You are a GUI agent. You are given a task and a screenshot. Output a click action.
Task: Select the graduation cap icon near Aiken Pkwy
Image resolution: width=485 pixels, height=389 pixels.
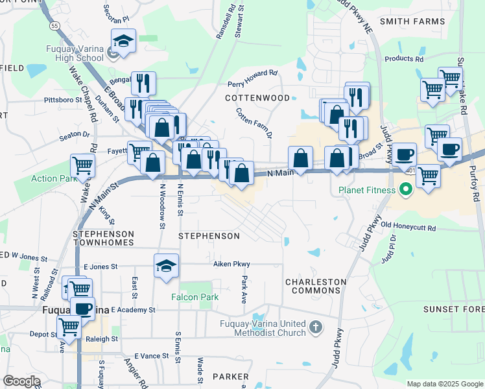coord(167,266)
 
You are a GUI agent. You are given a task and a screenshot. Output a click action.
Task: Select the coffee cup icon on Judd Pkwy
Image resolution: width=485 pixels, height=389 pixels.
coord(405,155)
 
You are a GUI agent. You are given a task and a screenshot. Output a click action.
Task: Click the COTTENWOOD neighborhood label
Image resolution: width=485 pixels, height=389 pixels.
coord(257,98)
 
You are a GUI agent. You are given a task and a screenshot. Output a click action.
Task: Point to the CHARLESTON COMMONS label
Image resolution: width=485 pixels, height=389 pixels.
coord(316,286)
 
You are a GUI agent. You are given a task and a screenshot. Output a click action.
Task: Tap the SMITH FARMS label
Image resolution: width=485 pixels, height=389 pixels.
coord(412,21)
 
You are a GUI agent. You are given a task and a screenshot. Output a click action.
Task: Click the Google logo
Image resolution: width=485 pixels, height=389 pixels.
coord(21,381)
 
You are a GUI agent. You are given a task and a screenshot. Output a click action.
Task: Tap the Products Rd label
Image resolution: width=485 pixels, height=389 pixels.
coord(403,58)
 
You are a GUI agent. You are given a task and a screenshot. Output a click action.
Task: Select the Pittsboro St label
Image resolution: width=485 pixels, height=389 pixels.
coord(62,100)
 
